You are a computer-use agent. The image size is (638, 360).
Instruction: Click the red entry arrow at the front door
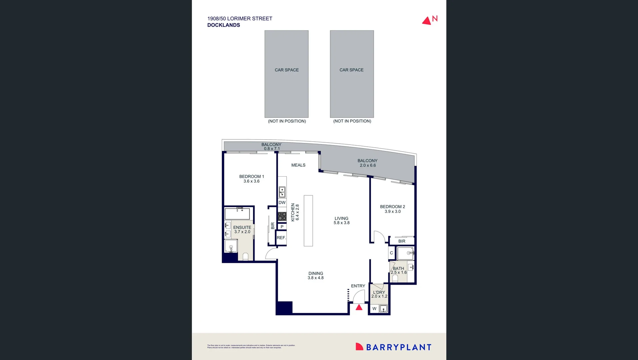coord(359,307)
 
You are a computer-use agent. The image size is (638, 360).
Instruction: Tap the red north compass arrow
coord(426,21)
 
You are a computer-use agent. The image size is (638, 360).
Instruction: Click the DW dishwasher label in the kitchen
coord(282,203)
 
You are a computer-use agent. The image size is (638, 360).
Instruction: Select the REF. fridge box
coord(281,238)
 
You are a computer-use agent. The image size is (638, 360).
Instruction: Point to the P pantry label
coord(282,227)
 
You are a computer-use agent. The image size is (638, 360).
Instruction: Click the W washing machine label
coord(374,309)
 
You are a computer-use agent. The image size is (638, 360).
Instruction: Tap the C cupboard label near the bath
coord(391,253)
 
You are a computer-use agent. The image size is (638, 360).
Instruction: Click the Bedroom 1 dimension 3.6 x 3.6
coord(251,181)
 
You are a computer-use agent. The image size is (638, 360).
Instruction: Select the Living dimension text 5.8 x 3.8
coord(341,223)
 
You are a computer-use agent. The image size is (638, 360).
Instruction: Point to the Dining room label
coord(316,273)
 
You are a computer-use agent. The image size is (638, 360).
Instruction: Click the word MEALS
coord(298,165)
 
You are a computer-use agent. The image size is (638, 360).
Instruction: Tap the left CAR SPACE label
coord(287,70)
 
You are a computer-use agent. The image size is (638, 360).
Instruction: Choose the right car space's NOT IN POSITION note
coord(352,121)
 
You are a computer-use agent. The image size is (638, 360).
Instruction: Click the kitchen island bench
coord(308,221)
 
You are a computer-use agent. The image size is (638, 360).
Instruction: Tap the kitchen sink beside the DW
coord(282,192)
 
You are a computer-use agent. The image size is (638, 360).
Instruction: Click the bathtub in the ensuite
coord(237,214)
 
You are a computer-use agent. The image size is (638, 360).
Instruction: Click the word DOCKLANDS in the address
coord(224,25)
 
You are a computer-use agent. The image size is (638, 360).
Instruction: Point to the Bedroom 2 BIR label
coord(402,241)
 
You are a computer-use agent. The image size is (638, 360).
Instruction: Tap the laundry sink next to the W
coord(383,309)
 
